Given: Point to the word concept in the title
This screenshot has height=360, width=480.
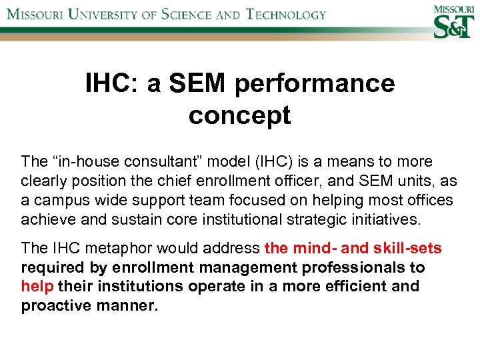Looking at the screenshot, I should pyautogui.click(x=239, y=115).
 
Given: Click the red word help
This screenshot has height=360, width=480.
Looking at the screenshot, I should pyautogui.click(x=37, y=287).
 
